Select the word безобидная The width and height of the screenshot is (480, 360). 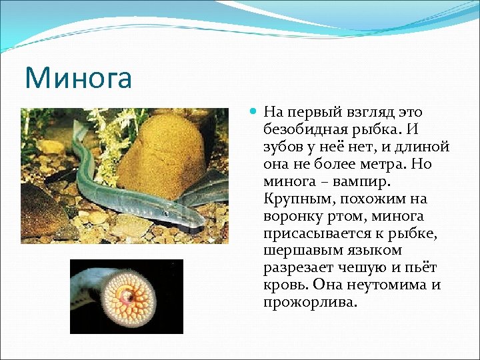click(303, 129)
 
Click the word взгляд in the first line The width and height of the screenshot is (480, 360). click(358, 112)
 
